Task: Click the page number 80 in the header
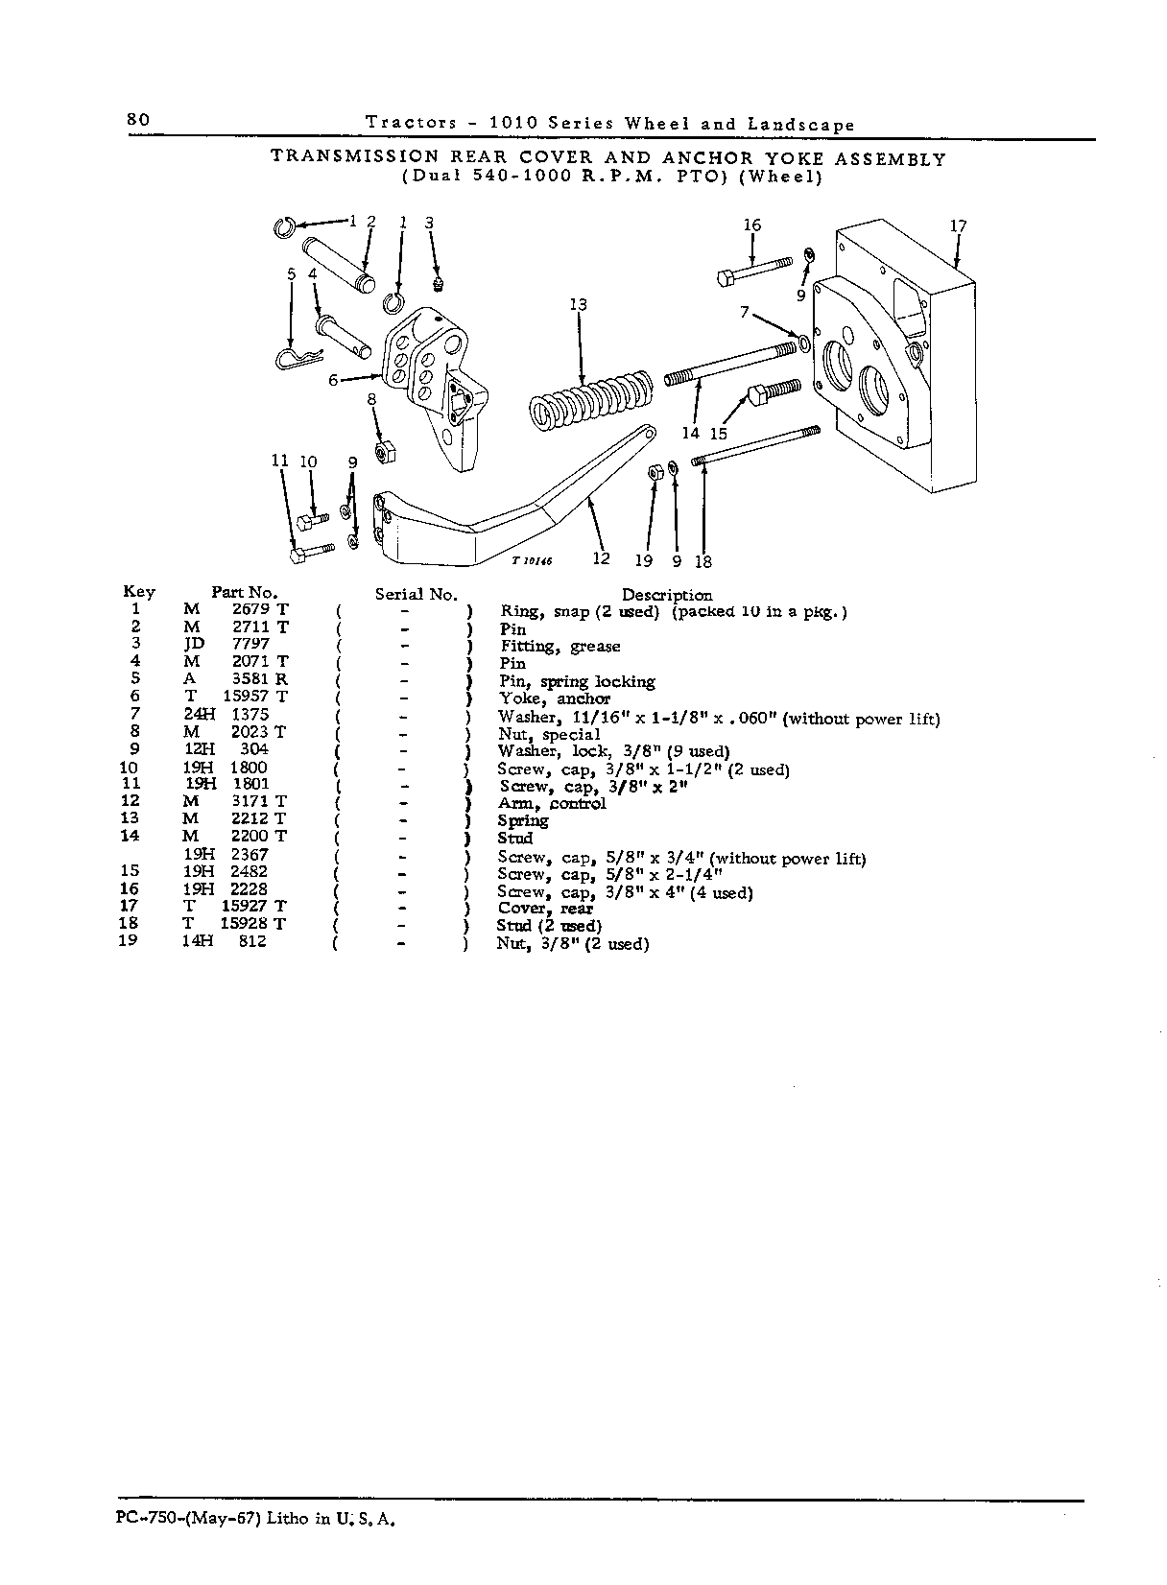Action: pos(138,119)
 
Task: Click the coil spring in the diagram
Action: pos(590,401)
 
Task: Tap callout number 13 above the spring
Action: pos(578,304)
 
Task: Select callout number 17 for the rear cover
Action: pos(958,225)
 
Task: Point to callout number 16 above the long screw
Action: pos(751,225)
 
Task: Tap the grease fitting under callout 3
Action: pos(438,284)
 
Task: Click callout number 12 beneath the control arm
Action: pos(601,559)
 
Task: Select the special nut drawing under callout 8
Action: pos(384,452)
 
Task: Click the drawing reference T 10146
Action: pos(532,561)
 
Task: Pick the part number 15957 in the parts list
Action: pos(245,697)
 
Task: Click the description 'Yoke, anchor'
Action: pos(555,699)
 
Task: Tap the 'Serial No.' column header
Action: pos(417,595)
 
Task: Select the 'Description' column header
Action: pos(667,595)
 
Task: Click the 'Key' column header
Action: pos(139,592)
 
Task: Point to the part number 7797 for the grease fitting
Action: pos(250,644)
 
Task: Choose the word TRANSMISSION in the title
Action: pos(354,156)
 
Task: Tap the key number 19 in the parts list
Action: pos(128,940)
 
